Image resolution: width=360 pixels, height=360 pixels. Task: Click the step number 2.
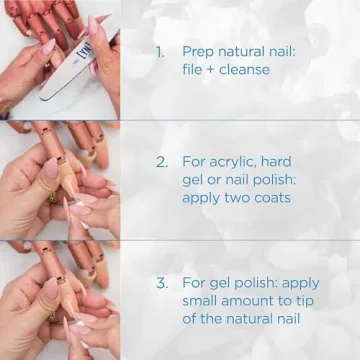click(161, 161)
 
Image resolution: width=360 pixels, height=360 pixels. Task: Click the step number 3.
click(161, 283)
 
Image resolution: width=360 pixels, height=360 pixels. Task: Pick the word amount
click(254, 301)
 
